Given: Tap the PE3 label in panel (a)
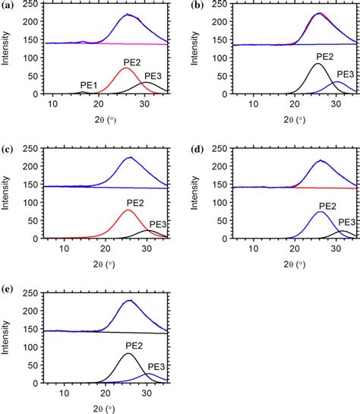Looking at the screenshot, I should click(x=153, y=75).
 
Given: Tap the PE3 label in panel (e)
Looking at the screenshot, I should click(x=157, y=365).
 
